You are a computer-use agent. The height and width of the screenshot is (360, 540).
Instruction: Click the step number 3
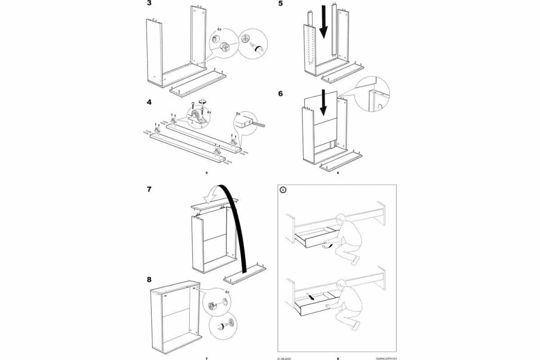[149, 4]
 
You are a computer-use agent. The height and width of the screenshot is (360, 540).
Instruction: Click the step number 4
[149, 102]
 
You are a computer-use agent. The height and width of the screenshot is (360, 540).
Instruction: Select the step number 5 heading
[280, 4]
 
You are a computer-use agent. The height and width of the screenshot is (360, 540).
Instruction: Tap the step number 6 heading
[280, 94]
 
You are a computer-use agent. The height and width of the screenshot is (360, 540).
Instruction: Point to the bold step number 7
[149, 189]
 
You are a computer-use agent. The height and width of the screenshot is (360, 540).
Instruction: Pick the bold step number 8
[149, 279]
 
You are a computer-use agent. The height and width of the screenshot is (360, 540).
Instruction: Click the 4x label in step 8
[226, 292]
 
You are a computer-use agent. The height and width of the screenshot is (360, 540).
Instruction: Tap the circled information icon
[283, 190]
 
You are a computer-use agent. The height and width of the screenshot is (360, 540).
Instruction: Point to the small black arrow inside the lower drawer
[310, 297]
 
